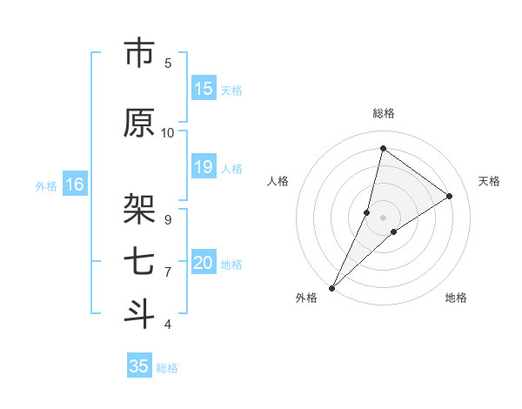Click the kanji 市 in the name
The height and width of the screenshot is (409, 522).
tap(139, 54)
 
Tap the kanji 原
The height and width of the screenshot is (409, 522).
tap(139, 124)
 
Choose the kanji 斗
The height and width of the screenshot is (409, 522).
tap(139, 313)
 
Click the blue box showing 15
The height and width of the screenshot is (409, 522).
tap(204, 89)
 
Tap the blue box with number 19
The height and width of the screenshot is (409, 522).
tap(204, 168)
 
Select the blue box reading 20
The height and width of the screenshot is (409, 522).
tap(204, 264)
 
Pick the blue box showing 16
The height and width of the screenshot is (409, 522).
tap(75, 184)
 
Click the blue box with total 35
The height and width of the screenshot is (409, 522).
tap(139, 366)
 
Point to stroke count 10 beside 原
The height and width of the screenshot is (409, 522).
tap(168, 132)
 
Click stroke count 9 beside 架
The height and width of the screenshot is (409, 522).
tap(168, 219)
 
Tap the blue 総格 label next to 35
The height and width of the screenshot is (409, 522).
tap(167, 368)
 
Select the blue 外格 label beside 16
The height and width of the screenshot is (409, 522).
tap(45, 185)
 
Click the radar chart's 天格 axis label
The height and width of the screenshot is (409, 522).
tap(489, 181)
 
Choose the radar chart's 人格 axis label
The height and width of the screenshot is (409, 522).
tap(278, 181)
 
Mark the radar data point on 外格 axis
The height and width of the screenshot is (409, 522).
tap(332, 287)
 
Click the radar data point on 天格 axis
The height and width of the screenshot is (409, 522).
tap(450, 196)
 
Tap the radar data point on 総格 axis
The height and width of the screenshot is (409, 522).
tap(383, 148)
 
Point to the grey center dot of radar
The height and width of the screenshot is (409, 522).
tap(383, 217)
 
